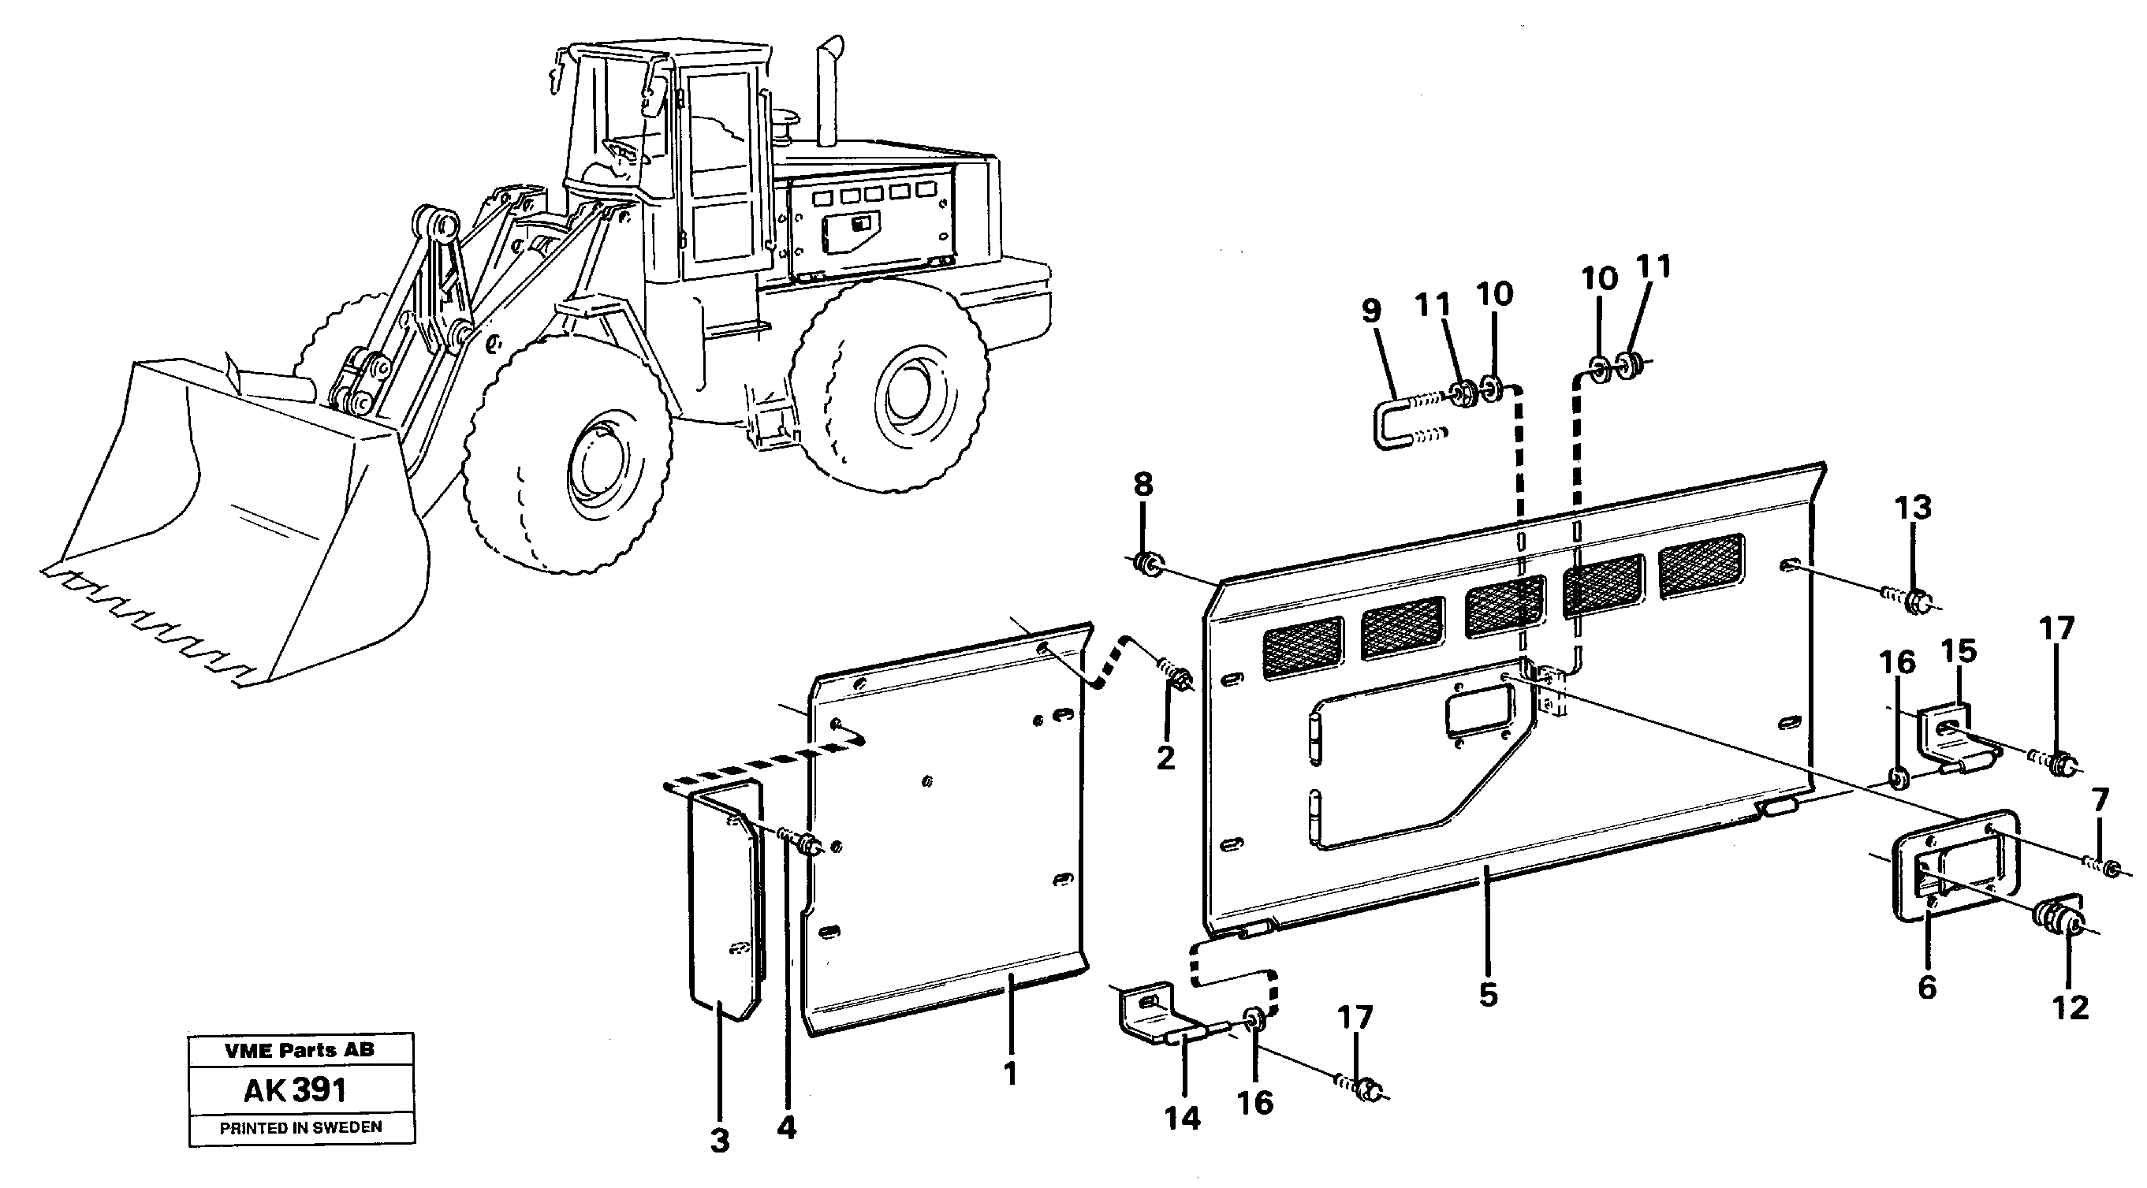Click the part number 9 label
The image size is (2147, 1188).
pyautogui.click(x=1371, y=311)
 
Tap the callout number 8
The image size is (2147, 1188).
pyautogui.click(x=1142, y=485)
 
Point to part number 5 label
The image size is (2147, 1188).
pyautogui.click(x=1488, y=995)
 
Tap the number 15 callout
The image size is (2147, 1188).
pyautogui.click(x=1959, y=652)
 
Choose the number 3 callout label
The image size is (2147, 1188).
pyautogui.click(x=720, y=1141)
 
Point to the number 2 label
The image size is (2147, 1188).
pyautogui.click(x=1165, y=758)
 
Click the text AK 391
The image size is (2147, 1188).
pyautogui.click(x=295, y=1089)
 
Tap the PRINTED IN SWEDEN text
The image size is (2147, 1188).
pyautogui.click(x=301, y=1128)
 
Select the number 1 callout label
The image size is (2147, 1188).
pyautogui.click(x=1010, y=1074)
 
